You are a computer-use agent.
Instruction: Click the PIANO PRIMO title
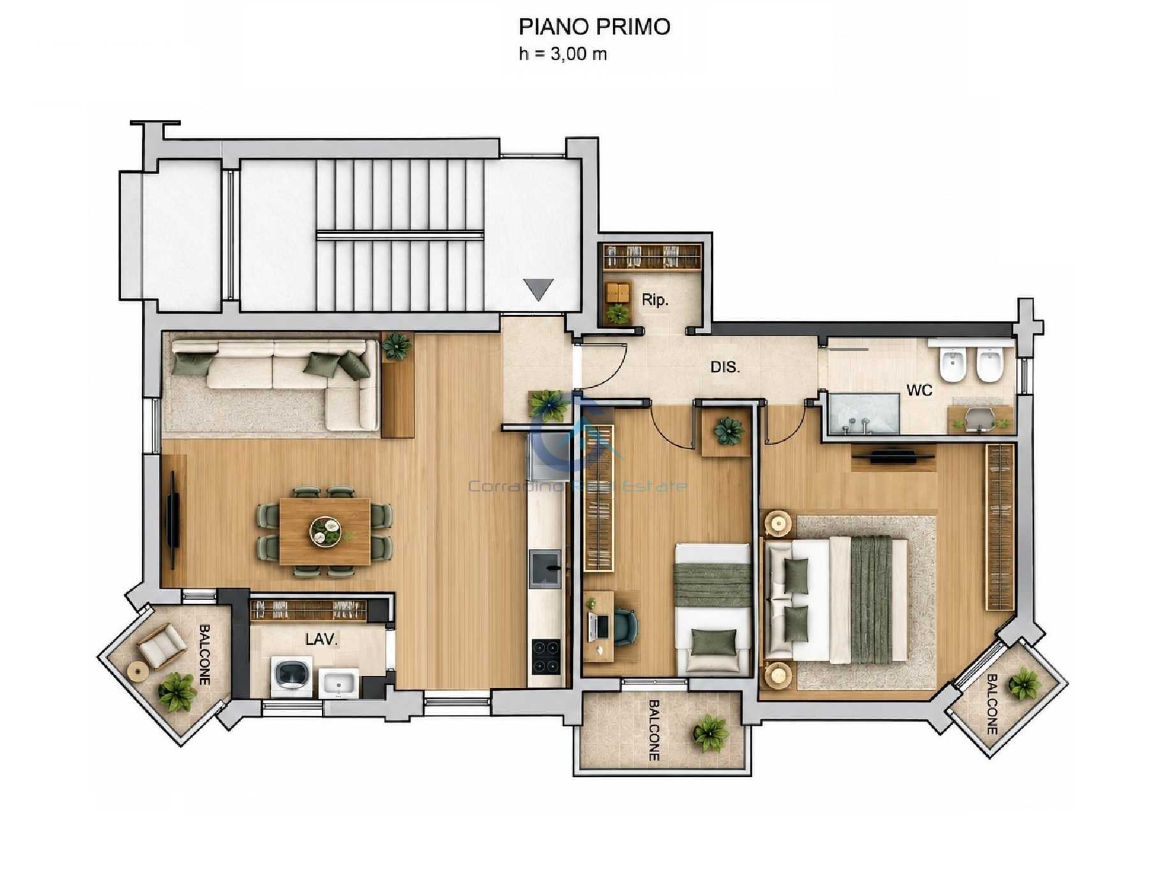click(594, 27)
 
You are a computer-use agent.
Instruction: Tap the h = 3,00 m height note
click(563, 54)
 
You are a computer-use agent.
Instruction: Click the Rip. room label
click(655, 299)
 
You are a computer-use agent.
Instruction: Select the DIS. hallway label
click(725, 367)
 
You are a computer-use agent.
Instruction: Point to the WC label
click(919, 390)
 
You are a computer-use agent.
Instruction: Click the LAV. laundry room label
click(321, 638)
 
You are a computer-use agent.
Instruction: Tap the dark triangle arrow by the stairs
click(538, 289)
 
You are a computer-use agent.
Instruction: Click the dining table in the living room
click(325, 531)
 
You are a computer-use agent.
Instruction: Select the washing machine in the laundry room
click(291, 677)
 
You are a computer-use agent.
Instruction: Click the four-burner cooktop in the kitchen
click(546, 656)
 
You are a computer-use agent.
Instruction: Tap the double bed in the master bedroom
click(837, 600)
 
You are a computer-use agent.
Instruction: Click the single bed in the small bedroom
click(713, 608)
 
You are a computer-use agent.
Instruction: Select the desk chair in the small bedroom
click(626, 626)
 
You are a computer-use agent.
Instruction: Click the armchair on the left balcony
click(162, 644)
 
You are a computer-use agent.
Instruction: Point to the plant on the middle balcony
click(711, 733)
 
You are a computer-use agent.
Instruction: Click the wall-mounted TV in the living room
click(172, 520)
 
